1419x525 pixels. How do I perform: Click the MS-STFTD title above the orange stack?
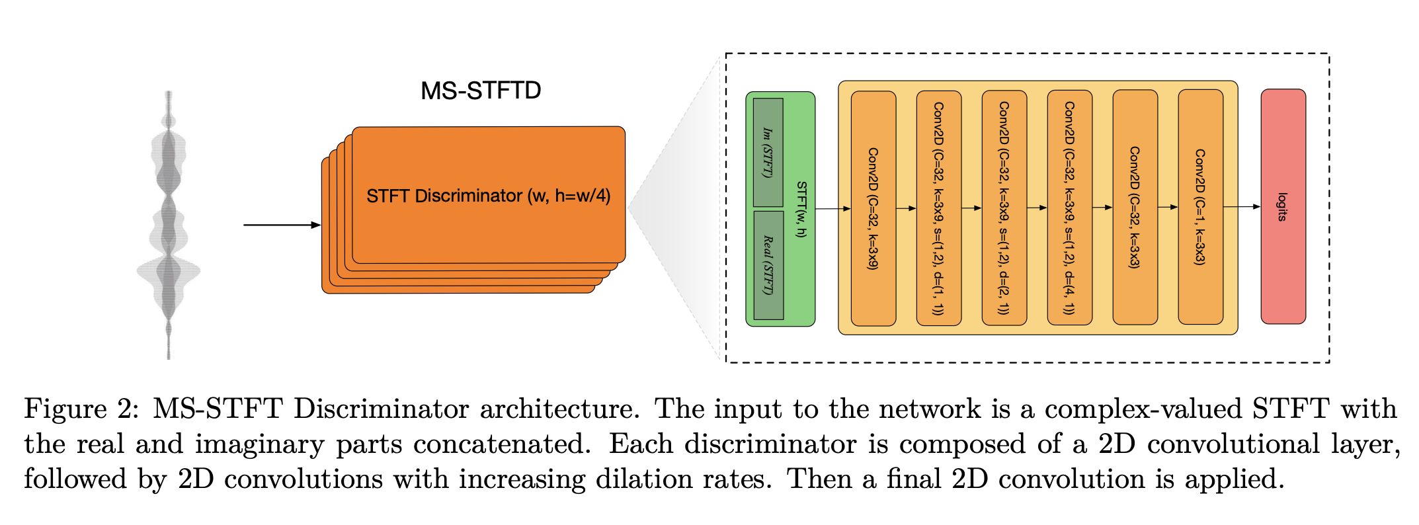481,91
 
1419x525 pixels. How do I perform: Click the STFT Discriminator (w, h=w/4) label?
489,196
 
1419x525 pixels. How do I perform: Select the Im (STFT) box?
768,152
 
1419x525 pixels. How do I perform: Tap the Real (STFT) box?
768,265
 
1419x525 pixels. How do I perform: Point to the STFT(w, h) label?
801,209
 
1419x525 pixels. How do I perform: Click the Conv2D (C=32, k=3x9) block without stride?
873,208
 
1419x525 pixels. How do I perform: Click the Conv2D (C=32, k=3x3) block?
1135,207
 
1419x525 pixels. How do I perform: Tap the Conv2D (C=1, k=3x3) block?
1201,207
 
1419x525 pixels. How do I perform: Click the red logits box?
1283,206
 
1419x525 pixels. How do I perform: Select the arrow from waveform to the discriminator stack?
282,225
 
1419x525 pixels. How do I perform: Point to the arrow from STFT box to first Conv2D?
833,209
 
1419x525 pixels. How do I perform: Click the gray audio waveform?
169,225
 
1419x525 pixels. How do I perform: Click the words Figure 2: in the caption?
82,409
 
